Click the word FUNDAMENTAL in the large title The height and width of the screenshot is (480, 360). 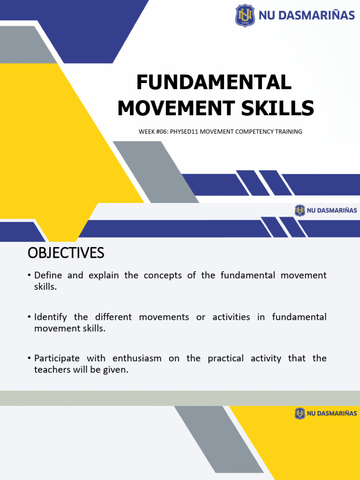pyautogui.click(x=214, y=83)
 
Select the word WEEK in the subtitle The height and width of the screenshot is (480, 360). pyautogui.click(x=146, y=132)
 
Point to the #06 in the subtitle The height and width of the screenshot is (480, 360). pyautogui.click(x=162, y=132)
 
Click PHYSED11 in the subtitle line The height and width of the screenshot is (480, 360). pyautogui.click(x=184, y=132)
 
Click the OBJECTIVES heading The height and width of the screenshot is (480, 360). pyautogui.click(x=66, y=253)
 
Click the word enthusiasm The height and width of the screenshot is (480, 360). pyautogui.click(x=137, y=359)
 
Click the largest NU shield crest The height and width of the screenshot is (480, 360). pyautogui.click(x=245, y=15)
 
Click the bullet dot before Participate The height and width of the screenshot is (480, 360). pyautogui.click(x=29, y=359)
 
